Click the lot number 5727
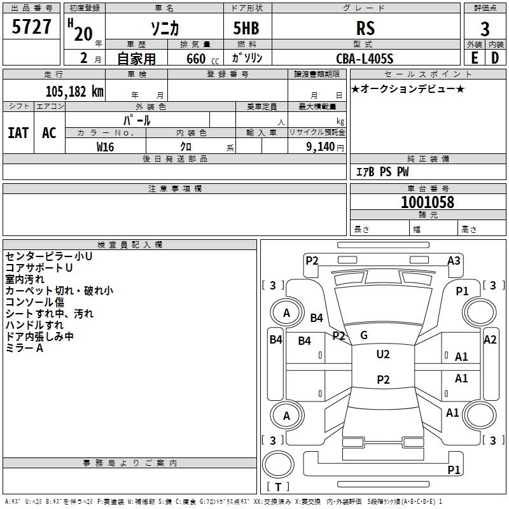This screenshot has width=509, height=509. pyautogui.click(x=32, y=27)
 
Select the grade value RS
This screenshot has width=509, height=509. pyautogui.click(x=366, y=29)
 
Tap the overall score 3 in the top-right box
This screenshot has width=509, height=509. pyautogui.click(x=485, y=29)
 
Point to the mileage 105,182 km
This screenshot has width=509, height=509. pyautogui.click(x=74, y=91)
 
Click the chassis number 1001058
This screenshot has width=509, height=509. pyautogui.click(x=428, y=202)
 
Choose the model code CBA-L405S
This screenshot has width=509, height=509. pyautogui.click(x=365, y=59)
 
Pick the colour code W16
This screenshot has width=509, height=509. pyautogui.click(x=106, y=146)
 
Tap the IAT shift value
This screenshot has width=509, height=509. pyautogui.click(x=18, y=132)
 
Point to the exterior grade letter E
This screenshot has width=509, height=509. pyautogui.click(x=474, y=58)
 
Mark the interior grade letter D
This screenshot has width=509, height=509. pyautogui.click(x=495, y=58)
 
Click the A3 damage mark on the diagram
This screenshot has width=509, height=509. pyautogui.click(x=454, y=260)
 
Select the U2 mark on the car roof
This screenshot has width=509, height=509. pyautogui.click(x=383, y=354)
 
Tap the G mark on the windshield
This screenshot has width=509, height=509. pyautogui.click(x=364, y=335)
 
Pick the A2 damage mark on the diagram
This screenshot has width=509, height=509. pyautogui.click(x=490, y=340)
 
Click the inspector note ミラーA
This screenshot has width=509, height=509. pyautogui.click(x=24, y=348)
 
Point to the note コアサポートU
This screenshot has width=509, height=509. pyautogui.click(x=39, y=267)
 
